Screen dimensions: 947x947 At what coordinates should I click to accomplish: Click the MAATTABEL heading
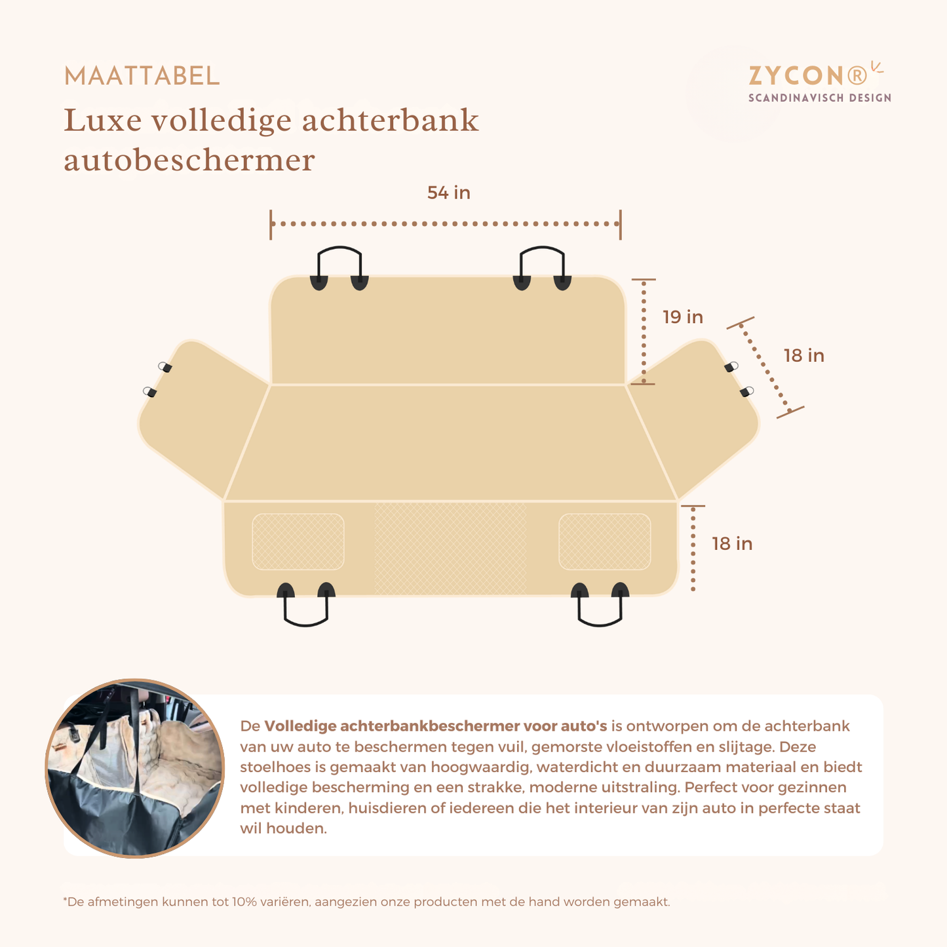coord(142,77)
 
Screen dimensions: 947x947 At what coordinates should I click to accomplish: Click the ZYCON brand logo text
coord(807,76)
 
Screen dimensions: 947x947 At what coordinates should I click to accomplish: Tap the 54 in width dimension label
coord(448,193)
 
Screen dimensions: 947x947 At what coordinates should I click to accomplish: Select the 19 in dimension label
coord(682,317)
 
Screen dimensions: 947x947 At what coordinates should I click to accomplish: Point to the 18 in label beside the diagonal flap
coord(803,355)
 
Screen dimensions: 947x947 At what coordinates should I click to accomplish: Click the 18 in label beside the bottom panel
coord(731,544)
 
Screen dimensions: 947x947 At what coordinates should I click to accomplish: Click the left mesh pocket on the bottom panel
coord(298,541)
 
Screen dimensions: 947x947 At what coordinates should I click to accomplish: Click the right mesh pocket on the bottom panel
coord(604,541)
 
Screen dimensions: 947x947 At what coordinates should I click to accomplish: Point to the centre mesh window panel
coord(450,548)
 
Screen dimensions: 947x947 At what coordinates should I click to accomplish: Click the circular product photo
coord(135,768)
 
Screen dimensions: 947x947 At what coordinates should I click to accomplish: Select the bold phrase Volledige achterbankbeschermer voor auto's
coord(435,726)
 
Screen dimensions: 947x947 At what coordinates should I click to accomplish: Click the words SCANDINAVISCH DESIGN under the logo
coord(819,98)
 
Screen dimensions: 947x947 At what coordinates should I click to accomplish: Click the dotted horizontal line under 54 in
coord(446,224)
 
